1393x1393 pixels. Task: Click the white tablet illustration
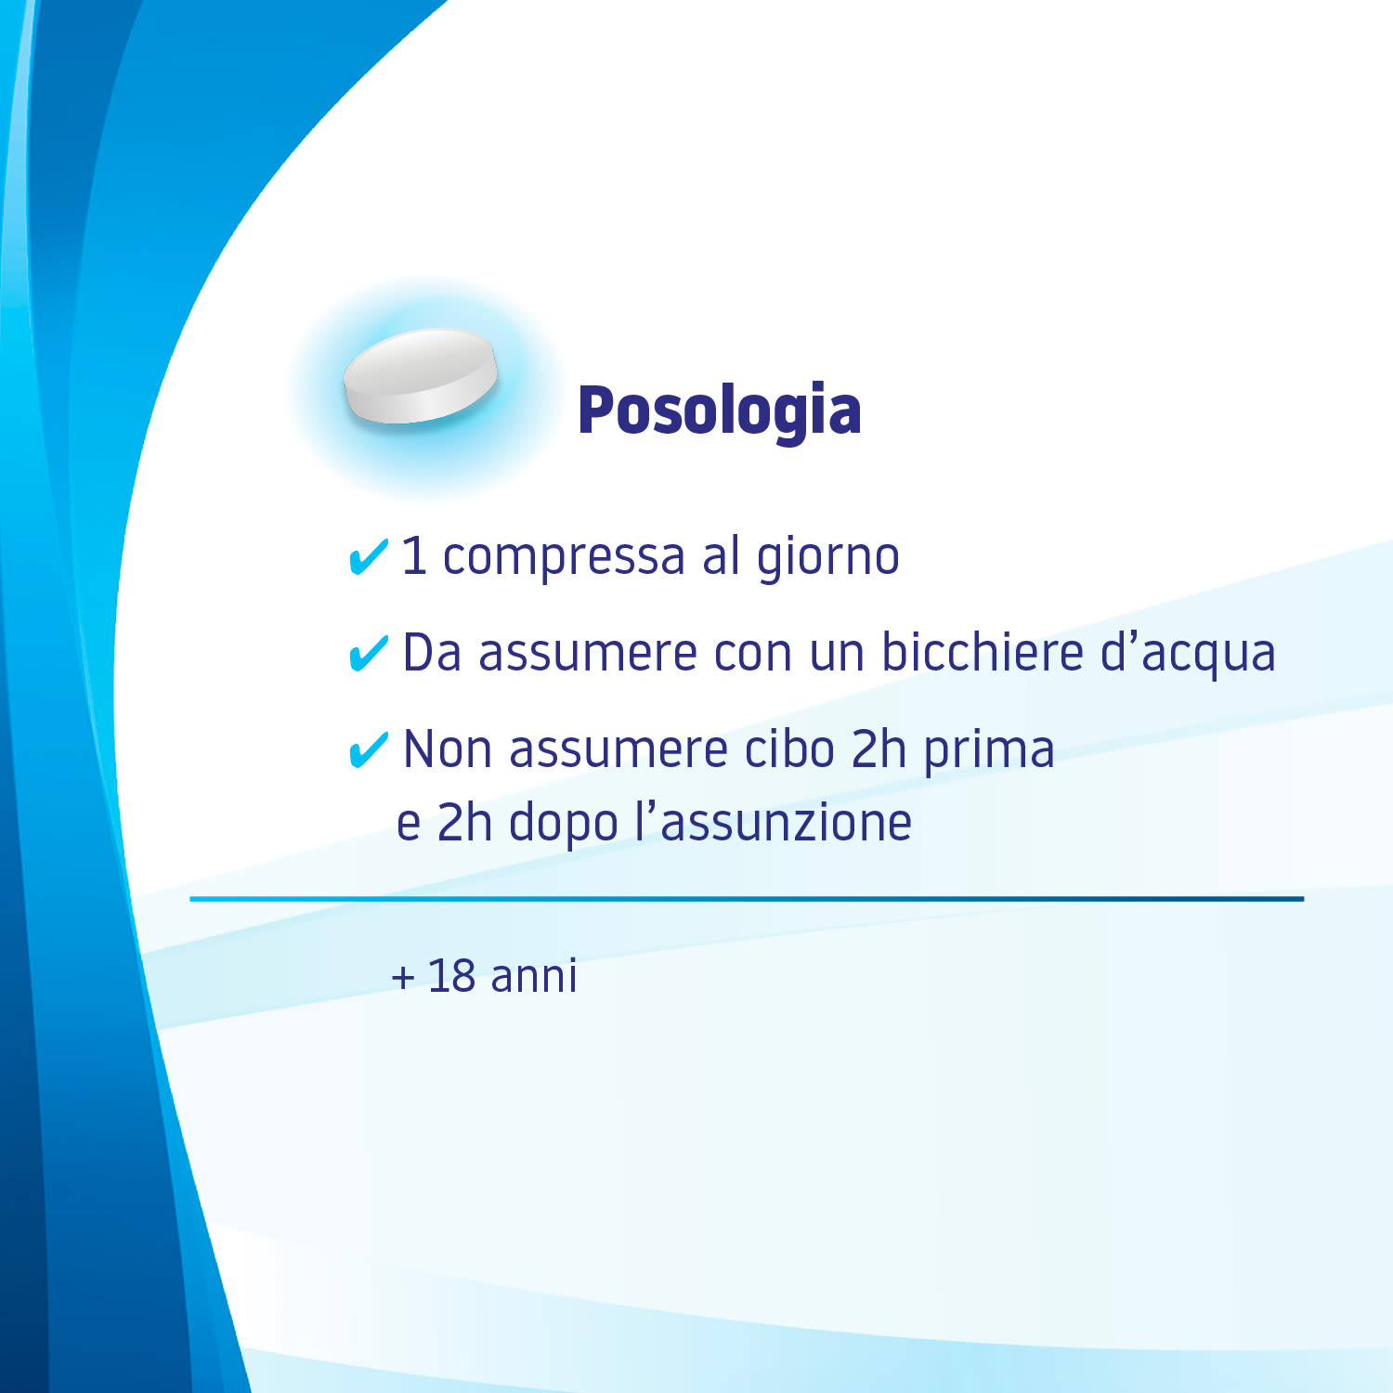pyautogui.click(x=421, y=376)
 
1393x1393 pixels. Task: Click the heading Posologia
pyautogui.click(x=719, y=410)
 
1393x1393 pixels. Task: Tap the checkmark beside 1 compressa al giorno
pyautogui.click(x=368, y=557)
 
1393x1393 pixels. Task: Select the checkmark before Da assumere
pyautogui.click(x=368, y=653)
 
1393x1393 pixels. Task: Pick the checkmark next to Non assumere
pyautogui.click(x=368, y=749)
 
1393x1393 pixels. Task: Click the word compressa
pyautogui.click(x=564, y=557)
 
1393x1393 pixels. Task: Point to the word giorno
pyautogui.click(x=827, y=557)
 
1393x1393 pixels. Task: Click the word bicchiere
pyautogui.click(x=982, y=652)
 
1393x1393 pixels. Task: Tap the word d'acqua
pyautogui.click(x=1188, y=653)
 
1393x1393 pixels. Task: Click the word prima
pyautogui.click(x=989, y=750)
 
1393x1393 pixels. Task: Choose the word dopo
pyautogui.click(x=564, y=825)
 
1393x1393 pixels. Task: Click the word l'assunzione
pyautogui.click(x=773, y=823)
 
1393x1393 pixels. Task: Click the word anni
pyautogui.click(x=534, y=976)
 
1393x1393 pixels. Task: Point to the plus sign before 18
pyautogui.click(x=403, y=978)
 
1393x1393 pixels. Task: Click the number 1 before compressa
pyautogui.click(x=413, y=557)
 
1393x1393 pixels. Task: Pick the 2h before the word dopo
pyautogui.click(x=463, y=823)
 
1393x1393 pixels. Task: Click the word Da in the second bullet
pyautogui.click(x=432, y=652)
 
